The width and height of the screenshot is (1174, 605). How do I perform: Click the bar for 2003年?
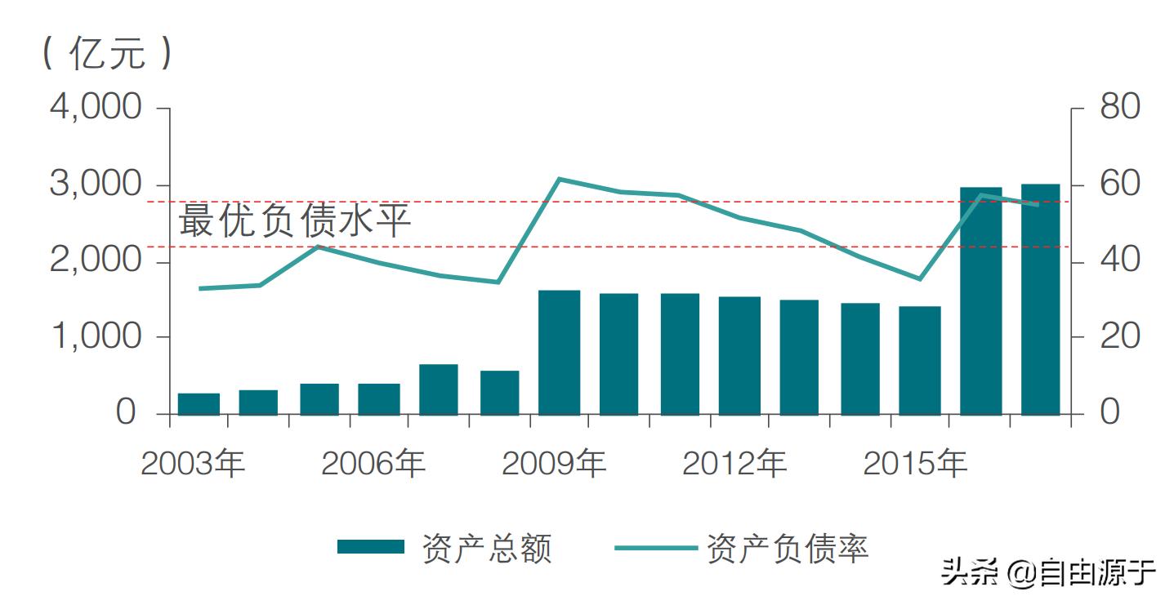(x=199, y=403)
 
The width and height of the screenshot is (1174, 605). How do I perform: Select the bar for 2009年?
(x=559, y=352)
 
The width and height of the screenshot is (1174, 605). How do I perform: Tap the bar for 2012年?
(x=739, y=355)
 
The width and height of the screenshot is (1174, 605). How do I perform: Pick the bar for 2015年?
(x=920, y=360)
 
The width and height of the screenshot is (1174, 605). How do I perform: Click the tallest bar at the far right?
(x=1040, y=299)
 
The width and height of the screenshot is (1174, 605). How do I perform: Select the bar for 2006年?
(x=379, y=398)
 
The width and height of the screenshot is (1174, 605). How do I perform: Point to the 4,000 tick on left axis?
(x=96, y=108)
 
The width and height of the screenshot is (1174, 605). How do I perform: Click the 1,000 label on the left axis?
(x=96, y=336)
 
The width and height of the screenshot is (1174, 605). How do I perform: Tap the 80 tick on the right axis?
(x=1119, y=108)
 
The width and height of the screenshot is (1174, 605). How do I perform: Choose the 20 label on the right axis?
(x=1119, y=336)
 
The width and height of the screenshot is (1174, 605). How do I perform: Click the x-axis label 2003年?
(x=193, y=464)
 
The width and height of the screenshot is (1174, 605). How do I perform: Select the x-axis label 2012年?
(x=734, y=464)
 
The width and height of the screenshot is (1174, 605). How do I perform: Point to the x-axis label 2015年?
(x=914, y=464)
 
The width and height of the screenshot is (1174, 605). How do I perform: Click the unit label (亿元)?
(x=107, y=54)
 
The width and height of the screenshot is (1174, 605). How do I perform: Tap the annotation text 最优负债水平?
(x=294, y=221)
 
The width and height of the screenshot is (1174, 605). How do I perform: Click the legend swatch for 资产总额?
(x=371, y=547)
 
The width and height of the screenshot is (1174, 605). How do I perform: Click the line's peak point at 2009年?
(x=559, y=179)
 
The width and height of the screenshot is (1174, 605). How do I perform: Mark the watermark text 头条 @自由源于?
(x=1048, y=572)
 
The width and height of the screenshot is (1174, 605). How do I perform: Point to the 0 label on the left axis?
(x=125, y=413)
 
